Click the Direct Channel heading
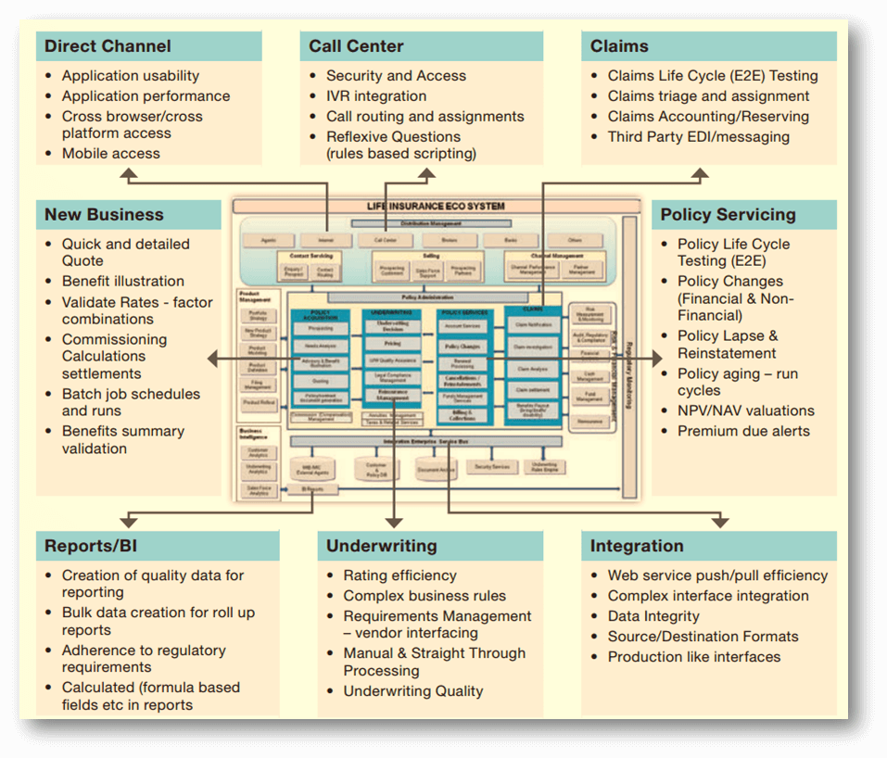(108, 46)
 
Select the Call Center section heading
(356, 46)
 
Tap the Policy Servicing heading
(728, 215)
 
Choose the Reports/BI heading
(91, 546)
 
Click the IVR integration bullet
(376, 96)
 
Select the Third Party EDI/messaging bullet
(698, 137)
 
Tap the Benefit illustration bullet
(122, 281)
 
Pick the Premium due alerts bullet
(743, 431)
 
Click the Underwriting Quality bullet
(413, 691)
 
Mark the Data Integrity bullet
(653, 616)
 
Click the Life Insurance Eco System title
(436, 206)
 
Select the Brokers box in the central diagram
(449, 240)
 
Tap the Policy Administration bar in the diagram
(426, 297)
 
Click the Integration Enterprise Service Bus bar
(426, 441)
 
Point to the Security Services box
(492, 467)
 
